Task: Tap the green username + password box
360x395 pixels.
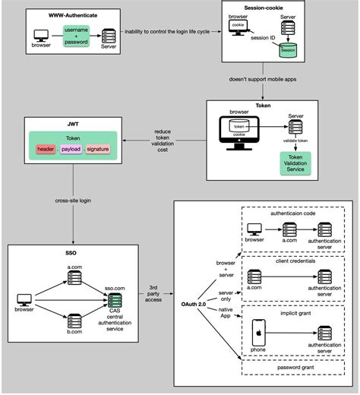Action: tap(76, 34)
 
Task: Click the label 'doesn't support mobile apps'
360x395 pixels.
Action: tap(261, 79)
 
